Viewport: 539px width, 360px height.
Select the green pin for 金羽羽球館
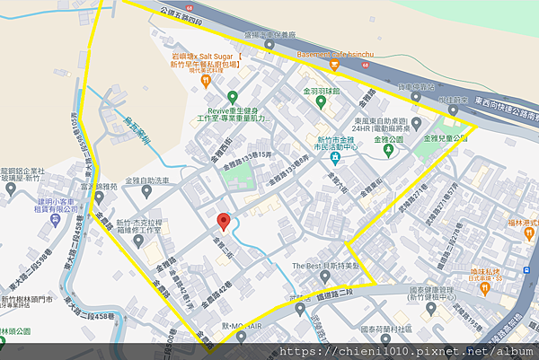point(319,101)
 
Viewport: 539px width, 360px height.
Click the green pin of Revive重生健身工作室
point(232,96)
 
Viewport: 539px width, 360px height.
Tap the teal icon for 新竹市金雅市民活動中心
point(334,158)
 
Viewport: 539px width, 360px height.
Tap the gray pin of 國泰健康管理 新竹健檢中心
point(434,310)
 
